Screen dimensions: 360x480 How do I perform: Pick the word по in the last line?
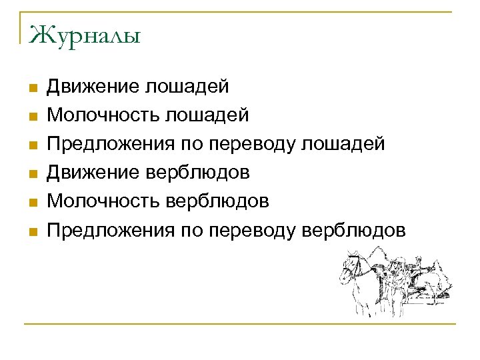[191, 231]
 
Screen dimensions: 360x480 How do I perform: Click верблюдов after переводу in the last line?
[354, 231]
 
